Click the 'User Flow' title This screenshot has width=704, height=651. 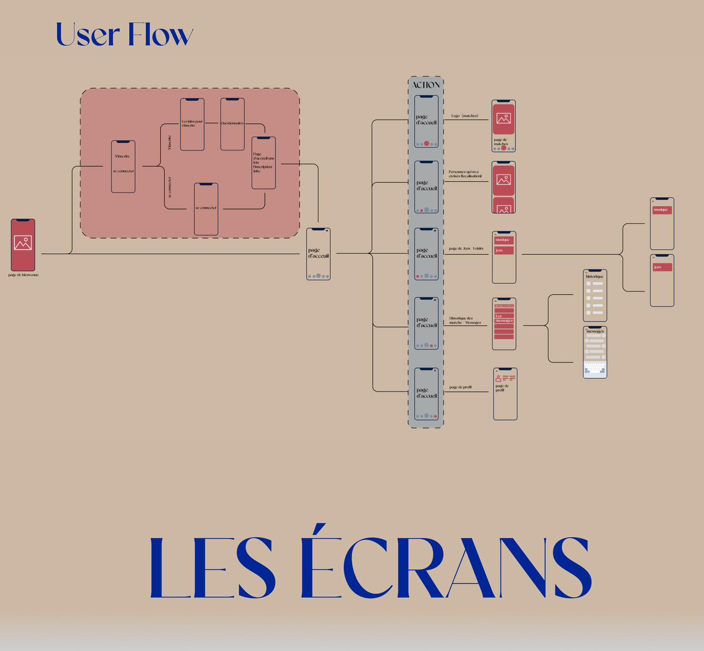[x=125, y=35]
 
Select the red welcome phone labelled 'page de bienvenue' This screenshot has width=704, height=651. [x=23, y=245]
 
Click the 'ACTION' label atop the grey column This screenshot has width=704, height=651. [x=426, y=85]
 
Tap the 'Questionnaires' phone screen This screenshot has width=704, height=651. [x=232, y=124]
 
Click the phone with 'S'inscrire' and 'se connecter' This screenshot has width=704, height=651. [x=123, y=166]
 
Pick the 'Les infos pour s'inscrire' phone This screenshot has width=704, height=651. [x=192, y=124]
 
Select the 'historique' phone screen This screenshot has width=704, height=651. [x=595, y=295]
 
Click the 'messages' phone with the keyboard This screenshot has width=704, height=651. [x=595, y=352]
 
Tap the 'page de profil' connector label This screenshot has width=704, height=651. [x=460, y=387]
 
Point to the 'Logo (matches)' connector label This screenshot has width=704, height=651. [x=465, y=116]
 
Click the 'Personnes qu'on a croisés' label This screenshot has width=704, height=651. [x=465, y=174]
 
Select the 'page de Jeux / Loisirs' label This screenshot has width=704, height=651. [x=466, y=249]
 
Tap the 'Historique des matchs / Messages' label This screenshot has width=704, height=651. [x=465, y=320]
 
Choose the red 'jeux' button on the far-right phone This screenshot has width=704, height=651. [x=662, y=267]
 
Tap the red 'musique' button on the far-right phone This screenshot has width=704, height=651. [x=662, y=210]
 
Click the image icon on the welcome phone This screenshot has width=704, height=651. [x=23, y=243]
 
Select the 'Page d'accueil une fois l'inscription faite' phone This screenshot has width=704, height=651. [x=263, y=163]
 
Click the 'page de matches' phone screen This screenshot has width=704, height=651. [x=504, y=126]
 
